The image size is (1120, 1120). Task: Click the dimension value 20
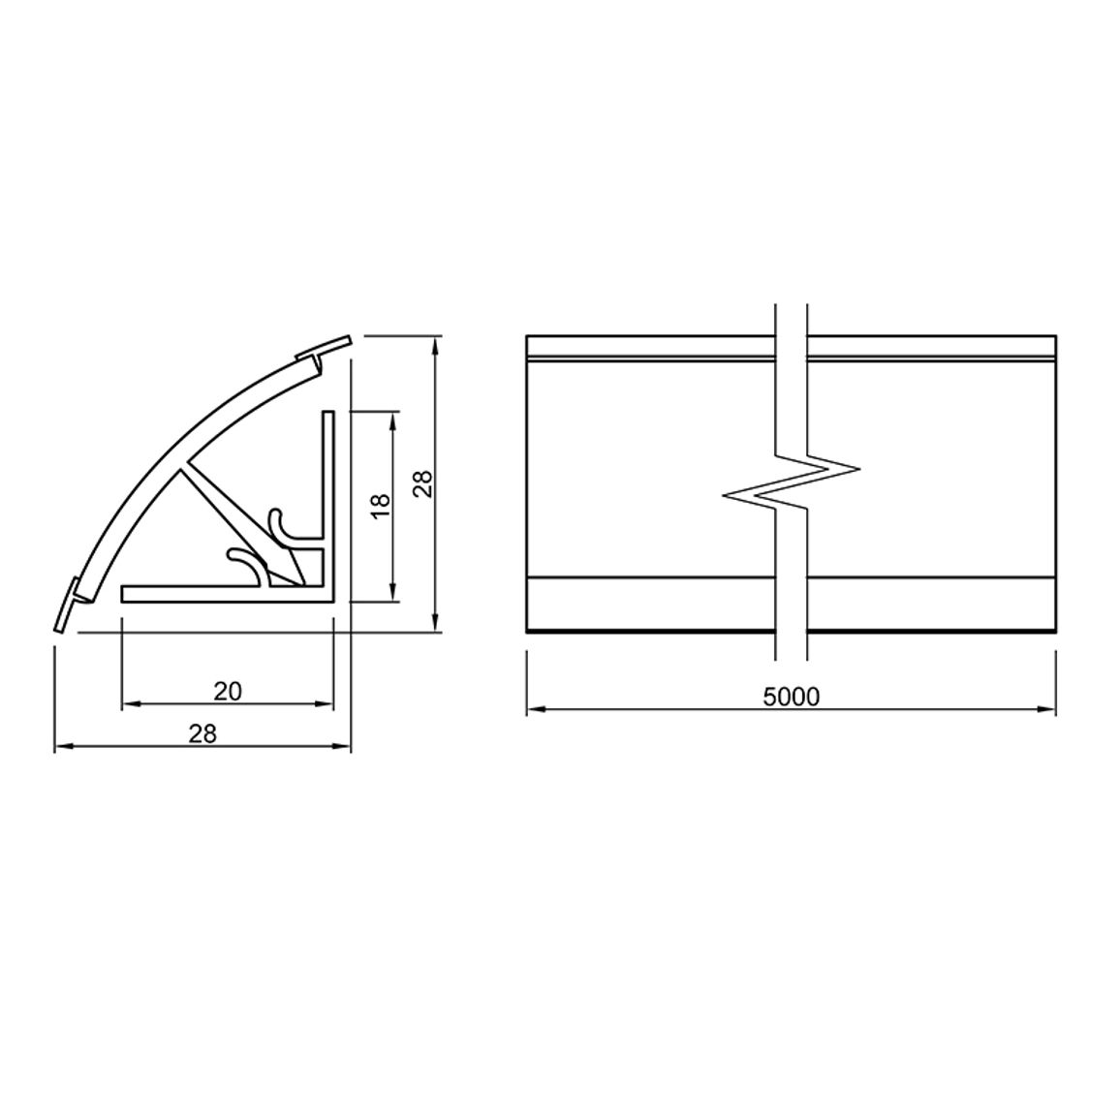tap(228, 692)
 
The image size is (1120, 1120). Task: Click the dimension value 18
tap(382, 507)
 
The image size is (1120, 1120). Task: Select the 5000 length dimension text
tap(792, 698)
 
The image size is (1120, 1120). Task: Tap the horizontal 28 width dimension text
tap(202, 733)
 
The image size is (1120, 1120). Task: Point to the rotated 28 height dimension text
tap(422, 482)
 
